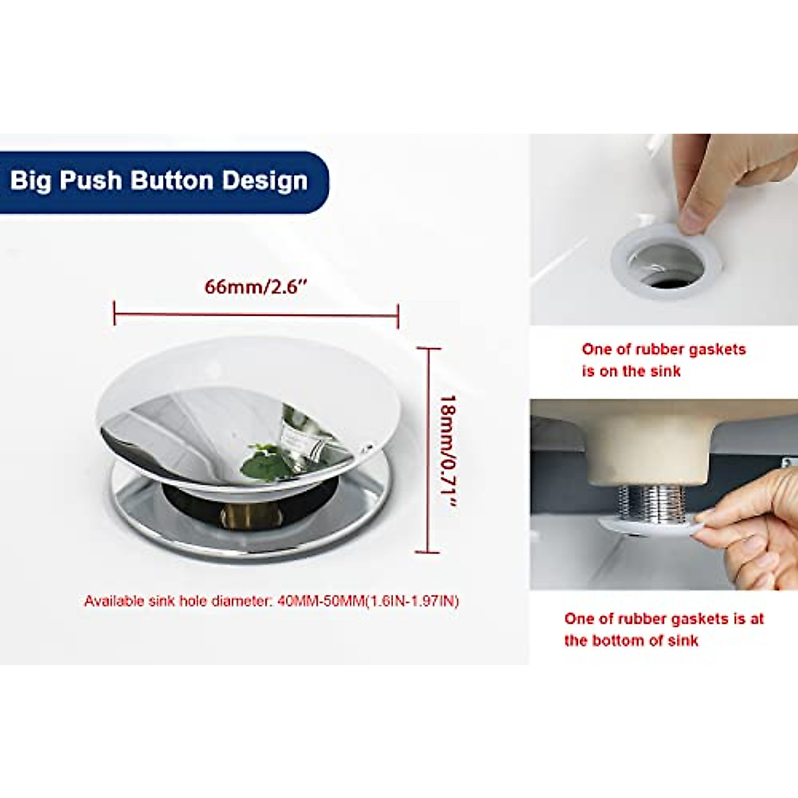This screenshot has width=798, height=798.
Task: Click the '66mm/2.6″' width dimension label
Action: click(x=256, y=287)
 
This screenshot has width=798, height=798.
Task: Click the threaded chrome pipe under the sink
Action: click(x=652, y=503)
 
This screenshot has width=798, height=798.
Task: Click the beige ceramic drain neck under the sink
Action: click(x=648, y=452)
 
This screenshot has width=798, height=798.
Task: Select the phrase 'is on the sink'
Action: click(x=631, y=371)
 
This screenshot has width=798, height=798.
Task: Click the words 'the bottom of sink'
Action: click(x=631, y=640)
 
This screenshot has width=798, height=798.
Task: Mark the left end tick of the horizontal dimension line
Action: click(x=115, y=312)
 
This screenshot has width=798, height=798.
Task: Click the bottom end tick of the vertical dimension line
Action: click(x=428, y=551)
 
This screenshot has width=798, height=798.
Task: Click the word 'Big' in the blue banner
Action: click(x=31, y=181)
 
